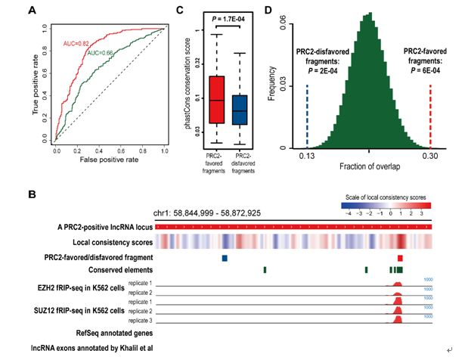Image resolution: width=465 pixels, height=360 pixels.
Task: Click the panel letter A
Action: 33,11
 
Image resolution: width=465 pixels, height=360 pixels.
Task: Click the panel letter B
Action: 33,194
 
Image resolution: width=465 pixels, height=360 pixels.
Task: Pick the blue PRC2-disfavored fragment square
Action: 225,257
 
